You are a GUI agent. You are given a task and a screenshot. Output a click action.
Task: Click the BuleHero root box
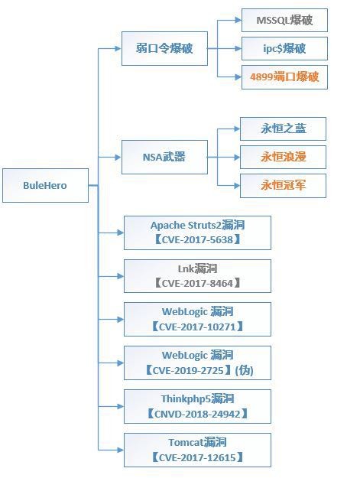[x=45, y=185]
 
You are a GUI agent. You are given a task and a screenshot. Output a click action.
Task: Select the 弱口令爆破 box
[x=164, y=48]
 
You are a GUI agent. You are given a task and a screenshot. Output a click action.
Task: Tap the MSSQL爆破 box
[x=284, y=20]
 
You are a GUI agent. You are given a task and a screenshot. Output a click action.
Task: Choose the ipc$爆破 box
[x=284, y=48]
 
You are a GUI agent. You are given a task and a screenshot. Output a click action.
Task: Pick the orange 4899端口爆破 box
[x=284, y=76]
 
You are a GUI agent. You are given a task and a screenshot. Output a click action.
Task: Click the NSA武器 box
[x=164, y=157]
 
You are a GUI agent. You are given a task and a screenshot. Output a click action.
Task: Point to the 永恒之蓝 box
[x=283, y=128]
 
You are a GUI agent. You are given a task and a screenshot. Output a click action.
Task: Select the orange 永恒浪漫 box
[x=283, y=157]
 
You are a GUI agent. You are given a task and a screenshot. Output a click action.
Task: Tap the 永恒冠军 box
[x=283, y=186]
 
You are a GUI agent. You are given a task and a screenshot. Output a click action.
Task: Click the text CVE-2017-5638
[x=197, y=239]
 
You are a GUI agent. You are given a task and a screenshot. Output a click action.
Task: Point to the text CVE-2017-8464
[x=197, y=283]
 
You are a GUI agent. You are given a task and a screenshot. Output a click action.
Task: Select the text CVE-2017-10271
[x=197, y=327]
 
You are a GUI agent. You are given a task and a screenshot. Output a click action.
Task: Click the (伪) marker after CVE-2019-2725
[x=245, y=370]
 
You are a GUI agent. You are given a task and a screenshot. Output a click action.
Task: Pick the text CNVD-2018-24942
[x=197, y=414]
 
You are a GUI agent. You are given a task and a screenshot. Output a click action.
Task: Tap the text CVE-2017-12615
[x=197, y=457]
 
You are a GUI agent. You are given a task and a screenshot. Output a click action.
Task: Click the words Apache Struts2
[x=186, y=226]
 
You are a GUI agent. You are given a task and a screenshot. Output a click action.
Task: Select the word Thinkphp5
[x=186, y=398]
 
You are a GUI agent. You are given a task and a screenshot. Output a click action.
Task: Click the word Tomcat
[x=186, y=442]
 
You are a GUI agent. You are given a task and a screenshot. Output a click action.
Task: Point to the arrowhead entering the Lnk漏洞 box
[x=121, y=276]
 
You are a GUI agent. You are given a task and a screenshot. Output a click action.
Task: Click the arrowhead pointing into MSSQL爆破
[x=238, y=20]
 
